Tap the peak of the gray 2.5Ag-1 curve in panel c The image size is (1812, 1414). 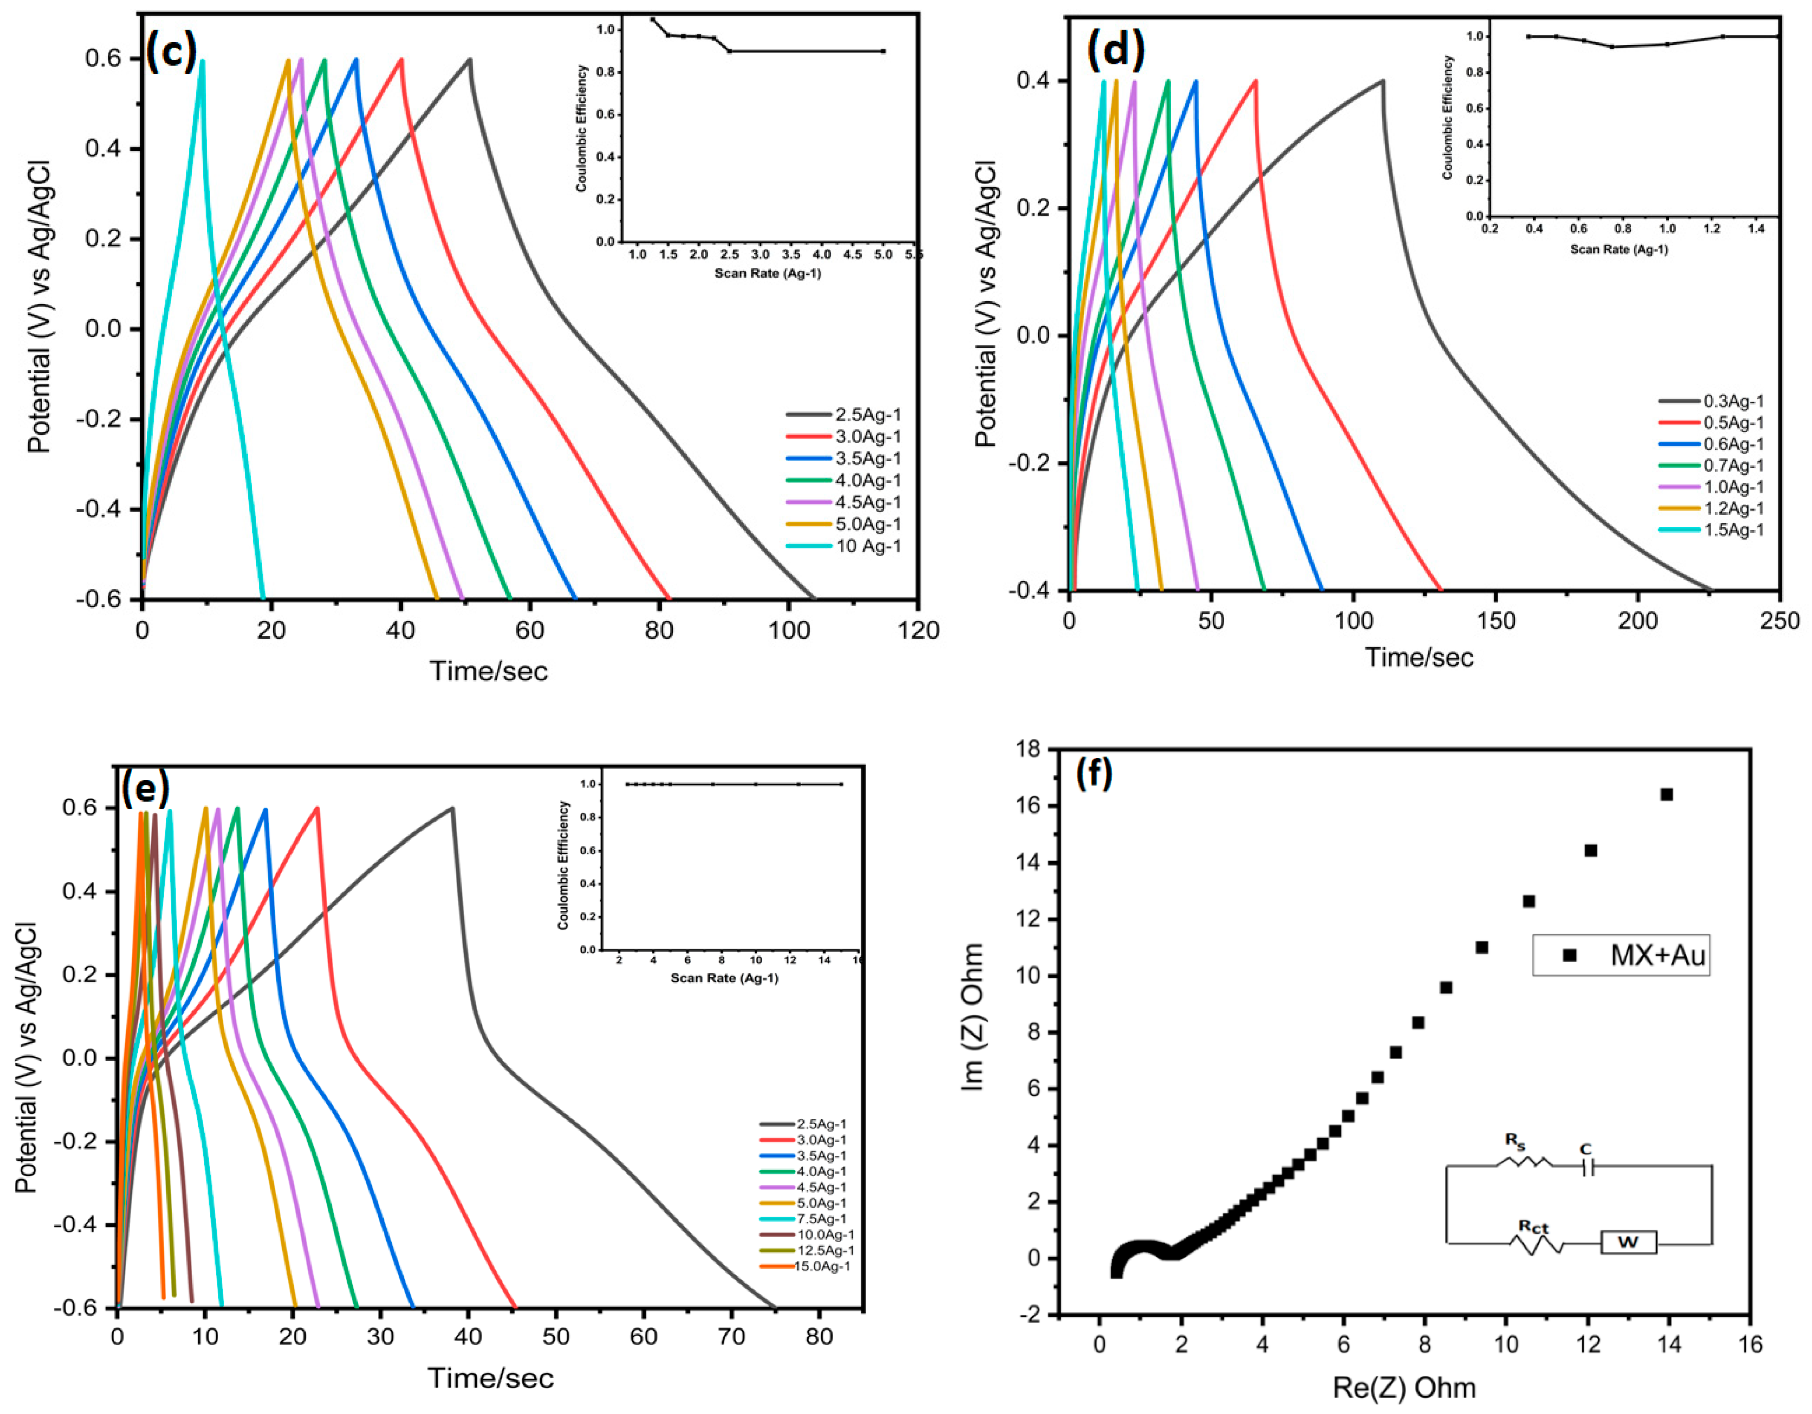click(x=469, y=60)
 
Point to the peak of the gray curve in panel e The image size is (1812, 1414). click(x=452, y=808)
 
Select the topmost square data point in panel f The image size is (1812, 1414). click(x=1666, y=794)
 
